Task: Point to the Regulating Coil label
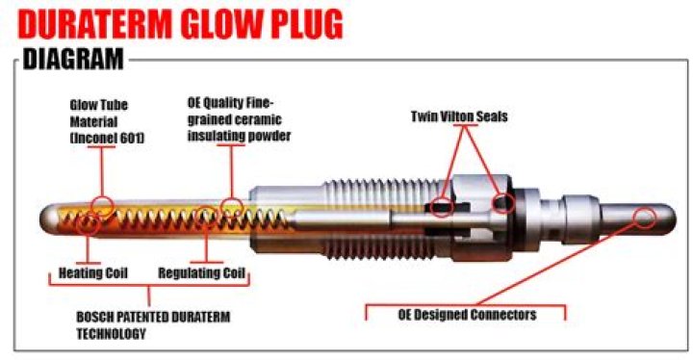(x=201, y=271)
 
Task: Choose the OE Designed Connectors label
(x=467, y=314)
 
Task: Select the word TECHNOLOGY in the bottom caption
(x=111, y=335)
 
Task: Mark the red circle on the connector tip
(x=646, y=216)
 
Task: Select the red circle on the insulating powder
(x=232, y=205)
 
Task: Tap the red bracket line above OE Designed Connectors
(x=467, y=305)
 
